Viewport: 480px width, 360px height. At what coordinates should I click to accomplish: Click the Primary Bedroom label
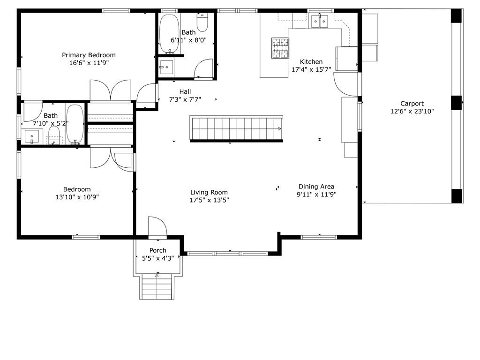pyautogui.click(x=89, y=55)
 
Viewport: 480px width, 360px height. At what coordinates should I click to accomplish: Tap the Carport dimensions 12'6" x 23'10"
pyautogui.click(x=412, y=112)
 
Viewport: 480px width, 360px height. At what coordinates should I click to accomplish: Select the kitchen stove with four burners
pyautogui.click(x=280, y=48)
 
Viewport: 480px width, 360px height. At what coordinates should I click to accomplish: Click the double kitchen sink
pyautogui.click(x=320, y=21)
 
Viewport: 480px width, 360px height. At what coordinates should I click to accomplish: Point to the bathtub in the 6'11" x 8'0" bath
pyautogui.click(x=169, y=34)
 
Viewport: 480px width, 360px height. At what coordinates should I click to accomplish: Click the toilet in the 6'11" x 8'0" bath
pyautogui.click(x=202, y=22)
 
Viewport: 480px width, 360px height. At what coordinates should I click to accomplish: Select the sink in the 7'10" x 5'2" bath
pyautogui.click(x=32, y=136)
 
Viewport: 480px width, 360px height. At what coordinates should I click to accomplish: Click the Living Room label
pyautogui.click(x=209, y=192)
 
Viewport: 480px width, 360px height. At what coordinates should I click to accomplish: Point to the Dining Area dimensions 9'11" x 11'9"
pyautogui.click(x=316, y=195)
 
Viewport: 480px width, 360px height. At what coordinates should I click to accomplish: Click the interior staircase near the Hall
pyautogui.click(x=236, y=128)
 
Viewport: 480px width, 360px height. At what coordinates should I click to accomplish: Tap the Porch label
pyautogui.click(x=158, y=250)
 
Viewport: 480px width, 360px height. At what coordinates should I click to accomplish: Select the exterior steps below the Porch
pyautogui.click(x=157, y=286)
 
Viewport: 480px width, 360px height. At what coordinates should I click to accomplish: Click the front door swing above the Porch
pyautogui.click(x=157, y=227)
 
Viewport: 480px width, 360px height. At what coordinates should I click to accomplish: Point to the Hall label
pyautogui.click(x=185, y=91)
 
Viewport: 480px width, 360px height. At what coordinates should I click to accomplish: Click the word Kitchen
pyautogui.click(x=311, y=62)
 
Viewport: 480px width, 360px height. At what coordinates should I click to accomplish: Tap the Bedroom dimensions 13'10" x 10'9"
pyautogui.click(x=77, y=197)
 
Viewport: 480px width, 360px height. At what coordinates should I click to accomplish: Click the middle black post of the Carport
pyautogui.click(x=456, y=103)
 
